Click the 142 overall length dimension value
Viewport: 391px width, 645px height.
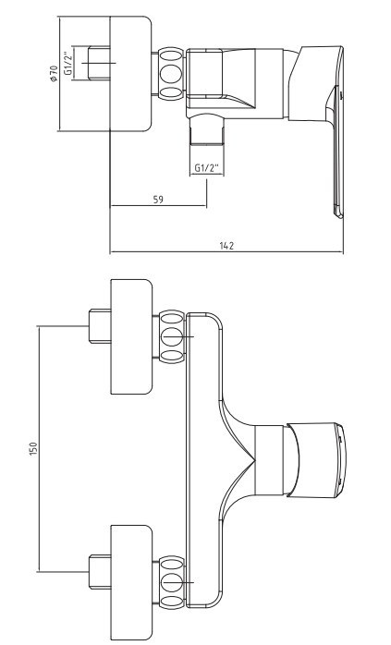coord(226,246)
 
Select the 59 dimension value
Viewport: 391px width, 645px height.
coord(158,200)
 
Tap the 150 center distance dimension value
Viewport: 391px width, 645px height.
coord(33,448)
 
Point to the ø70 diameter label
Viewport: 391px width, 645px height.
coord(54,74)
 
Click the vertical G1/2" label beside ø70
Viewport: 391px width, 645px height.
coord(67,63)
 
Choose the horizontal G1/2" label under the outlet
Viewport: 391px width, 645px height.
coord(207,168)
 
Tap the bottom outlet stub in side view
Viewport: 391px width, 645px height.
coord(207,131)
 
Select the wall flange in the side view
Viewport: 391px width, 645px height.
coord(130,74)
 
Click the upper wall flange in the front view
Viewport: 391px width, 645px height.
coord(131,337)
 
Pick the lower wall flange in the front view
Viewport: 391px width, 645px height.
coord(131,582)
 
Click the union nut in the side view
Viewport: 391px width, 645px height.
coord(172,74)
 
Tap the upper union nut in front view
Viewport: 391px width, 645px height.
coord(172,337)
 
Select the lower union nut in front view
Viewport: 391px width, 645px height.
coord(172,582)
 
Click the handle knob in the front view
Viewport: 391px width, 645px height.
coord(316,459)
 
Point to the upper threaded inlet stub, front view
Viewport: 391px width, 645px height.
coord(100,326)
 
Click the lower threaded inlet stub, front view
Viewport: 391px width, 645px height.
coord(100,572)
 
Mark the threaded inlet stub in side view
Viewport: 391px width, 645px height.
coord(99,63)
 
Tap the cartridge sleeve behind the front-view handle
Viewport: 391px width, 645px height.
coord(270,459)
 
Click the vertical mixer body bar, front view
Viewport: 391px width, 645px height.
coord(204,460)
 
